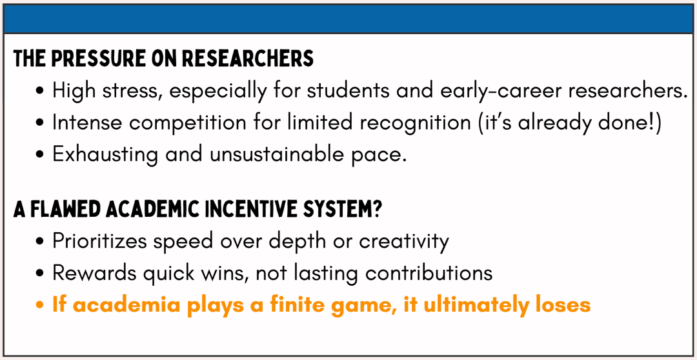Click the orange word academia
116,305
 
